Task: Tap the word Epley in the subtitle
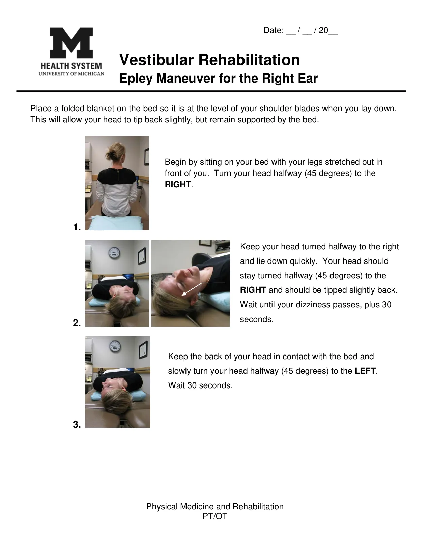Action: (136, 79)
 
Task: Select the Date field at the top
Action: (300, 31)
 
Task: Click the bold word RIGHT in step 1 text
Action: (178, 185)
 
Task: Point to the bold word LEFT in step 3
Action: (365, 371)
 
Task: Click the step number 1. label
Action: (77, 227)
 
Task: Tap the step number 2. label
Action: (77, 323)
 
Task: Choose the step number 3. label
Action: (77, 425)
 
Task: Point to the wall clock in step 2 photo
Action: (115, 253)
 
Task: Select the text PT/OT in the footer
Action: (215, 516)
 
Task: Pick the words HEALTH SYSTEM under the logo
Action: (71, 66)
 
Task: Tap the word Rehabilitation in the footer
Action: (258, 507)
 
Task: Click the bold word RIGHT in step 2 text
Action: (253, 290)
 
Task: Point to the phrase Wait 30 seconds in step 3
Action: (200, 385)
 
